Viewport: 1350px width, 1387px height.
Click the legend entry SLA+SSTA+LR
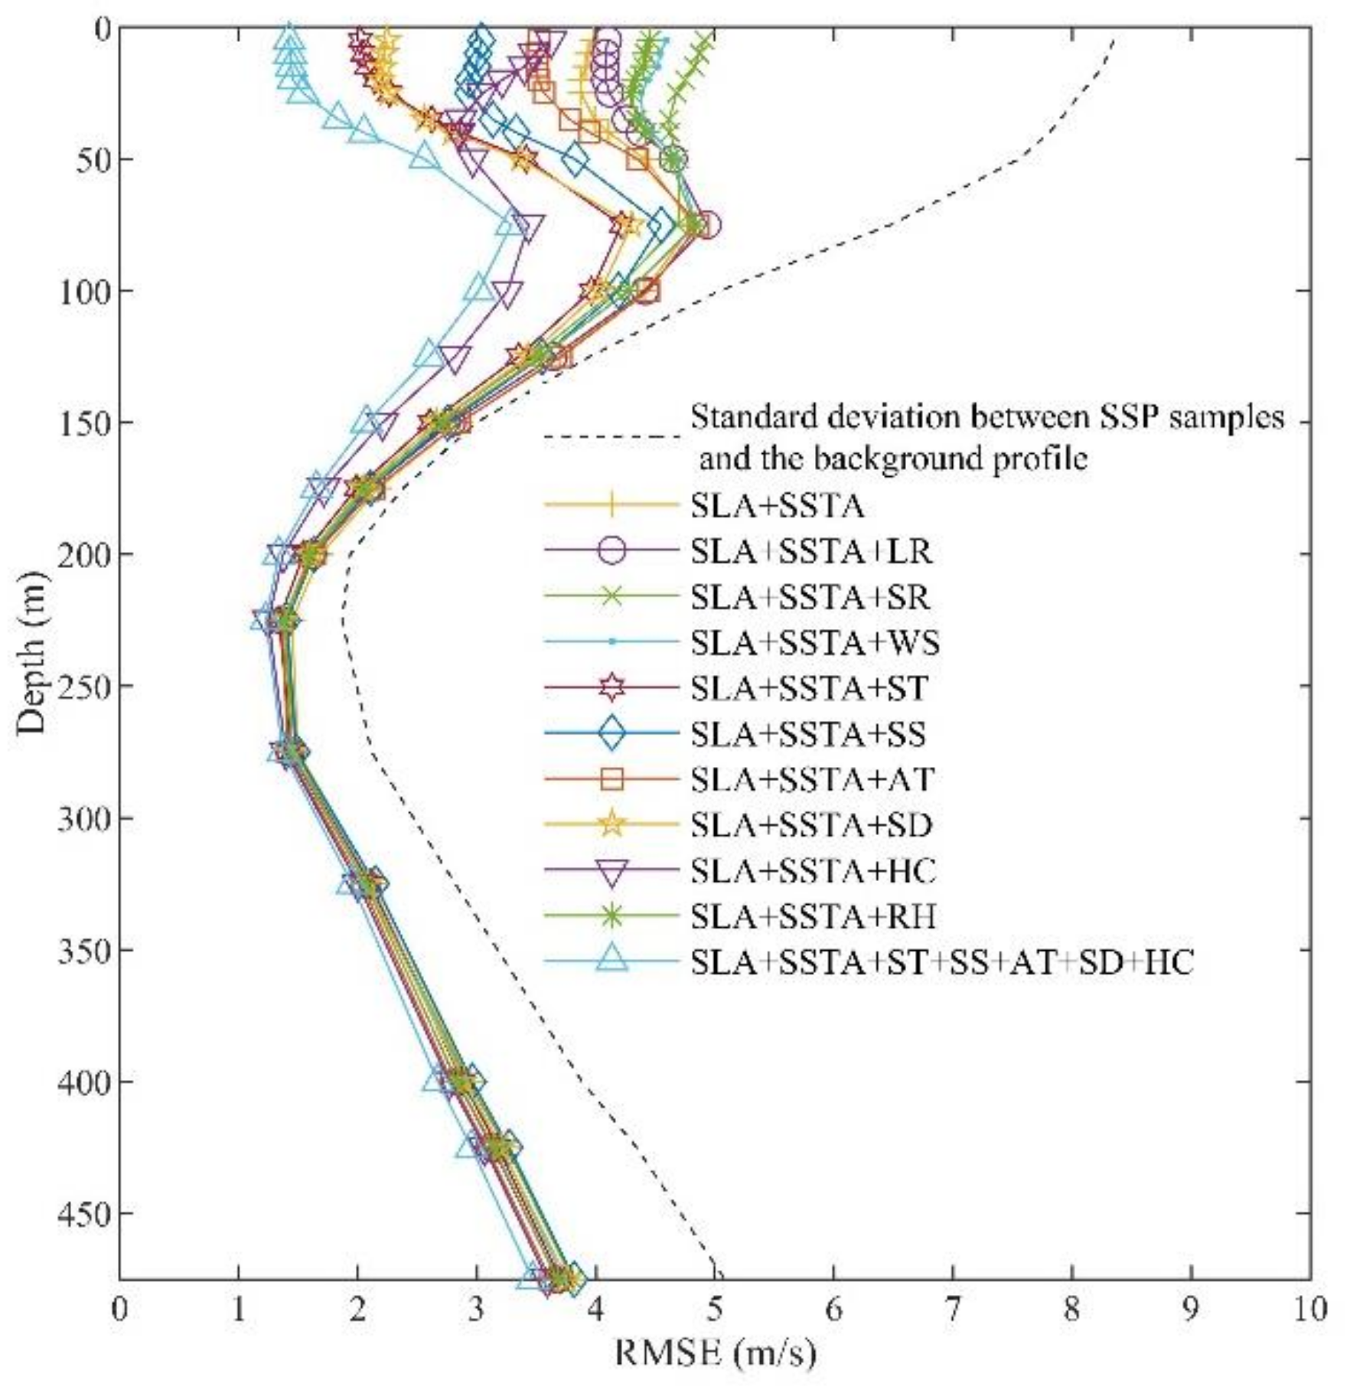tap(811, 551)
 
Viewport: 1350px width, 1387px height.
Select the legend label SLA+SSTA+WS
tap(815, 643)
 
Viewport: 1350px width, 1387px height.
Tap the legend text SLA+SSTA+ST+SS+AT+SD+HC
tap(941, 962)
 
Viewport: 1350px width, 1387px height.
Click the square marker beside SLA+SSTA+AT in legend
tap(611, 779)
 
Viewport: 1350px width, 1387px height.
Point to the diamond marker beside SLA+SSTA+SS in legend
tap(611, 733)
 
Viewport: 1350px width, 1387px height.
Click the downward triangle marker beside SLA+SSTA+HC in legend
tap(611, 872)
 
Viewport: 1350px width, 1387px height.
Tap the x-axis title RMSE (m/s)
tap(716, 1353)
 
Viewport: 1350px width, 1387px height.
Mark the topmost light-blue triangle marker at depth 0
tap(289, 32)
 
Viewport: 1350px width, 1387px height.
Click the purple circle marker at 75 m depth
tap(706, 225)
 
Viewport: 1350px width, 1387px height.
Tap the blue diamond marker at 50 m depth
tap(576, 159)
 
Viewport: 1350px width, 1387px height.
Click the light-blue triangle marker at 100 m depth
tap(478, 290)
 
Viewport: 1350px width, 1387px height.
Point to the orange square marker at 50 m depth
tap(637, 159)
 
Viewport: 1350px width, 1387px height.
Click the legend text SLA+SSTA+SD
tap(811, 825)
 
